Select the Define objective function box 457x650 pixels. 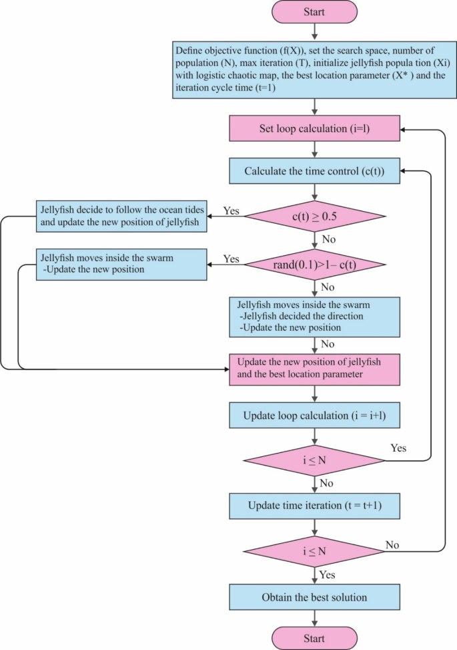coord(314,69)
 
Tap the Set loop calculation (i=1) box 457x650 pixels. coord(314,129)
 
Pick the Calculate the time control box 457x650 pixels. coord(314,171)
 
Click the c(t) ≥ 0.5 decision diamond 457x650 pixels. coord(314,216)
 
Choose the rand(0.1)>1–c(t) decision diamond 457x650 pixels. coord(314,265)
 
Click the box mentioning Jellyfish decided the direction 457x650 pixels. coord(314,317)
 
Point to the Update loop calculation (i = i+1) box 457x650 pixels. coord(314,416)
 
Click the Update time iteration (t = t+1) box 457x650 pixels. coord(314,505)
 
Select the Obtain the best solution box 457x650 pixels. coord(314,597)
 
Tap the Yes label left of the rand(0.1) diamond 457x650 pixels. coord(230,258)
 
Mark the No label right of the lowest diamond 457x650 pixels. coord(392,545)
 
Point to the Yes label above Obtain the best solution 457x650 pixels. coord(326,575)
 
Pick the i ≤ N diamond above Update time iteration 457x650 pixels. coord(314,460)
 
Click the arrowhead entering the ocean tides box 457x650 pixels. coord(209,216)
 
